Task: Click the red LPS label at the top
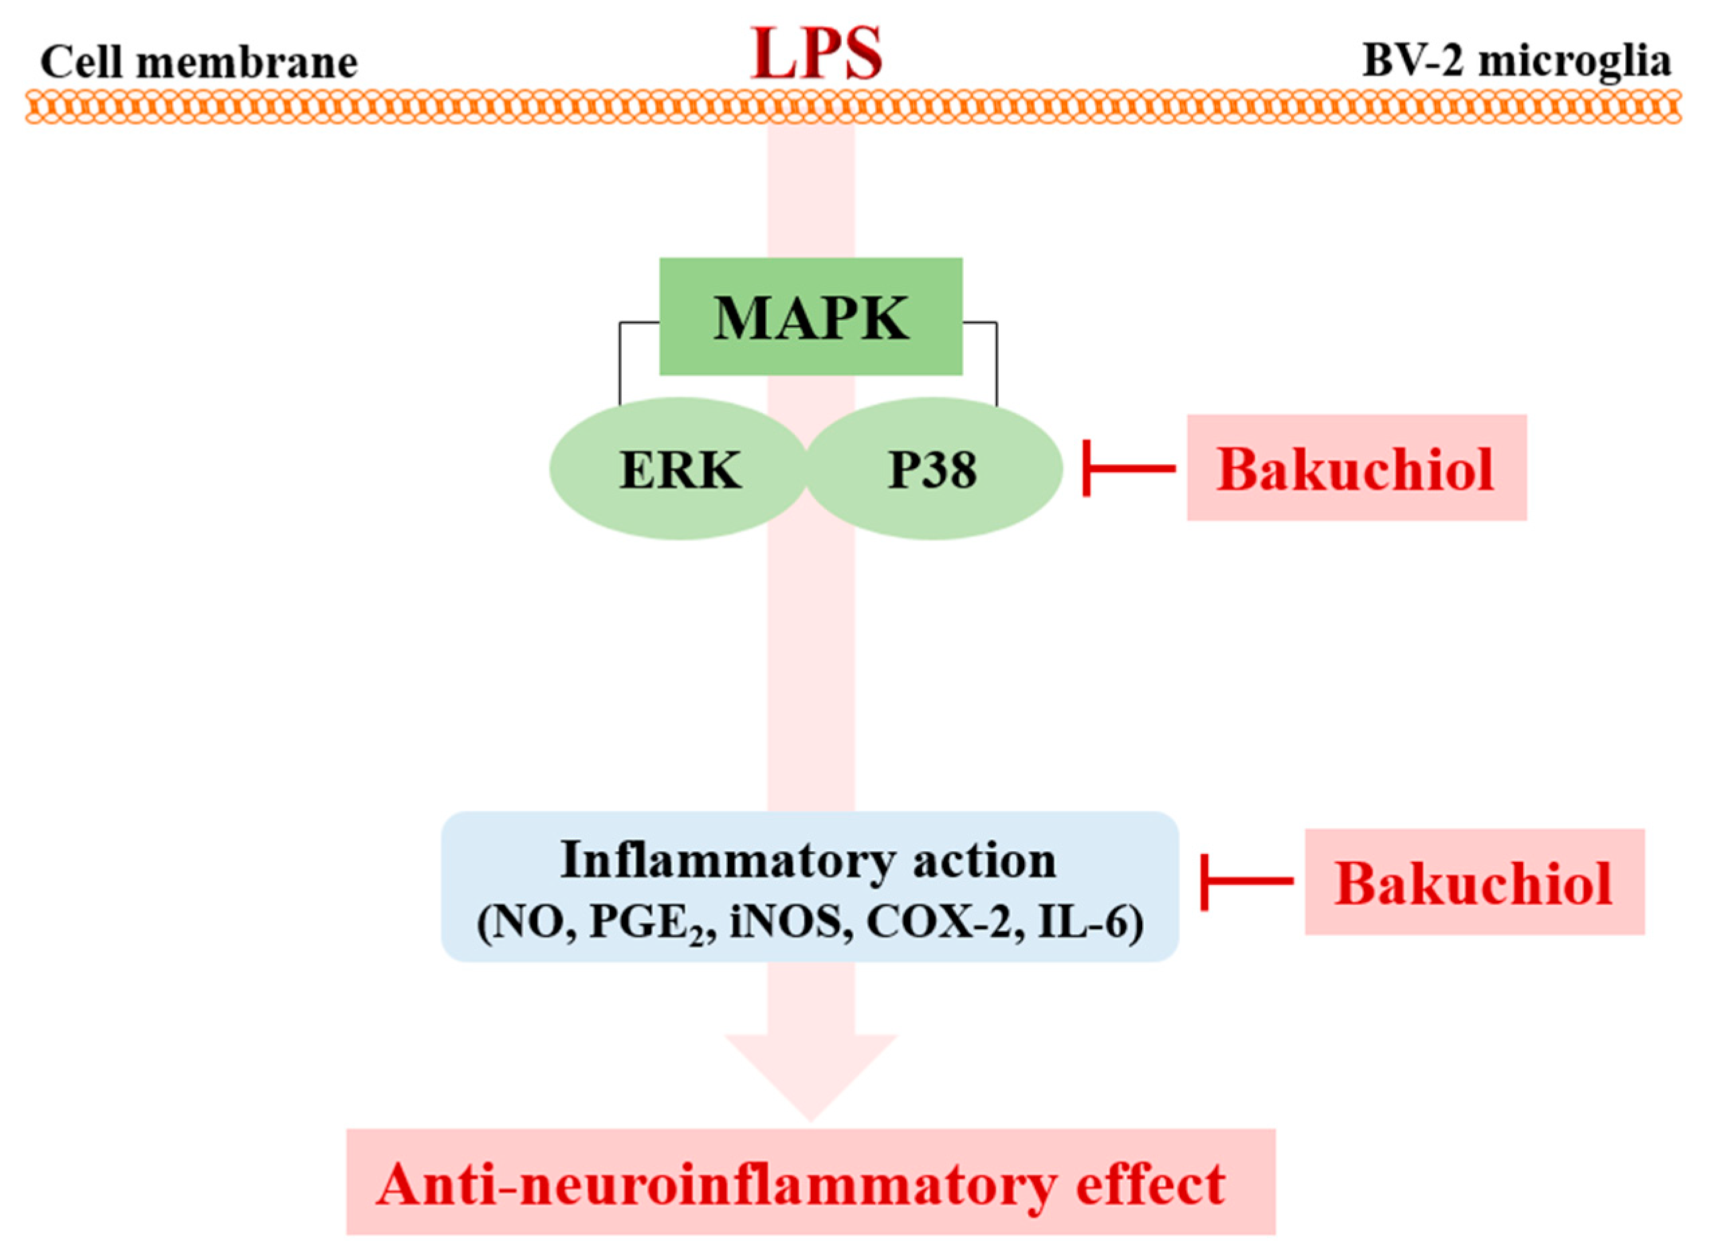pyautogui.click(x=816, y=54)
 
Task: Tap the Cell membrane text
pyautogui.click(x=199, y=62)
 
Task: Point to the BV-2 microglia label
pyautogui.click(x=1517, y=61)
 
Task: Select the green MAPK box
pyautogui.click(x=811, y=317)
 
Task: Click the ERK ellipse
pyautogui.click(x=679, y=470)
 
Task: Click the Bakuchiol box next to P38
pyautogui.click(x=1356, y=469)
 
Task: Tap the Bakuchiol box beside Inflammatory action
pyautogui.click(x=1474, y=883)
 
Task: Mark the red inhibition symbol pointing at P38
pyautogui.click(x=1127, y=468)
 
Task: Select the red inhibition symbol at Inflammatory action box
pyautogui.click(x=1246, y=882)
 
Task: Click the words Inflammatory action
pyautogui.click(x=808, y=861)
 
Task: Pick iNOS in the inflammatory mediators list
pyautogui.click(x=789, y=924)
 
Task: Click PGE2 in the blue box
pyautogui.click(x=651, y=924)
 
